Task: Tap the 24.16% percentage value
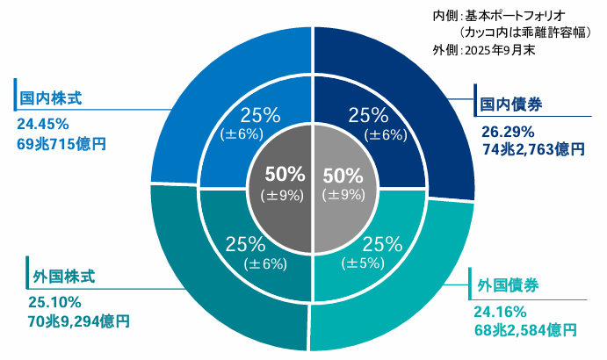(500, 311)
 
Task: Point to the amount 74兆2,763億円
(532, 151)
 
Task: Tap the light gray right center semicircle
(347, 184)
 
